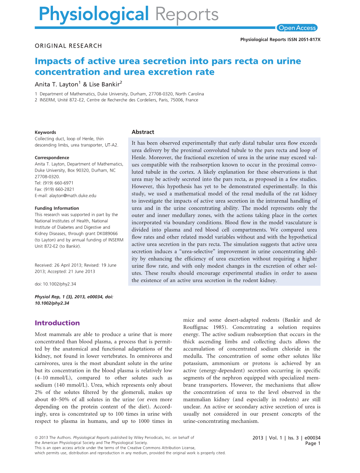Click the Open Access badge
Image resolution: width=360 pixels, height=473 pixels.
[x=297, y=28]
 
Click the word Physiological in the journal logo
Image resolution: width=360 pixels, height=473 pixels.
[x=94, y=15]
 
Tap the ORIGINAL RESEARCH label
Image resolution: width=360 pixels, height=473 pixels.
[x=68, y=46]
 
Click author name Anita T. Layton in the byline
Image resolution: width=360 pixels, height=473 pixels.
[x=56, y=84]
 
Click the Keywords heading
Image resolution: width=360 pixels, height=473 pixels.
[x=45, y=132]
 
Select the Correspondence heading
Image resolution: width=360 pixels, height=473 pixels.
[x=52, y=158]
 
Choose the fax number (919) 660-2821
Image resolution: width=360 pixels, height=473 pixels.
[x=59, y=189]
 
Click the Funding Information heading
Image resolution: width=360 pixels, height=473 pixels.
[x=57, y=208]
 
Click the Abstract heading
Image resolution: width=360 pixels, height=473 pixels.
[x=143, y=132]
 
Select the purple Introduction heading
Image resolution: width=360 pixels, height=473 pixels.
[x=57, y=323]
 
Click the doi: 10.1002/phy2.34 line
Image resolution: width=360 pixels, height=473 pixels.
[x=55, y=284]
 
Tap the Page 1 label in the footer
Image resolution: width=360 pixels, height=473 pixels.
[x=313, y=443]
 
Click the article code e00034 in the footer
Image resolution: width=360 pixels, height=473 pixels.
[x=312, y=438]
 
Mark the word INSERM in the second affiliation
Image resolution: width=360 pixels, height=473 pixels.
[x=48, y=100]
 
